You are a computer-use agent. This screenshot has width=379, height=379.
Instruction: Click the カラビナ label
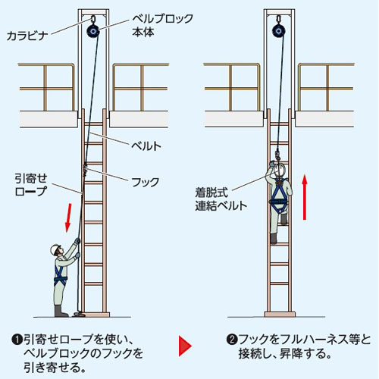click(x=27, y=36)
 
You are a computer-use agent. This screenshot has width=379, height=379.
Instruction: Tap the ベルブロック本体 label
click(x=162, y=25)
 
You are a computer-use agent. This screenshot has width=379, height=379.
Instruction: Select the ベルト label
click(x=146, y=146)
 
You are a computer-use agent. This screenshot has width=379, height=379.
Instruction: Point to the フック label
click(x=146, y=182)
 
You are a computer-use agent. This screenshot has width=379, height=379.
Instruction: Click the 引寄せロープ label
click(x=31, y=185)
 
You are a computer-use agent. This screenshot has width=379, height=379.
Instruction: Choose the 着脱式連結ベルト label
click(x=221, y=199)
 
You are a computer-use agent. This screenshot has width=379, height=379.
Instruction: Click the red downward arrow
click(x=68, y=218)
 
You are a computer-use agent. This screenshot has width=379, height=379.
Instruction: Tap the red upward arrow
click(x=305, y=197)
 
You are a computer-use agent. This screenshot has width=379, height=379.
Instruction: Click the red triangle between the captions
click(x=185, y=346)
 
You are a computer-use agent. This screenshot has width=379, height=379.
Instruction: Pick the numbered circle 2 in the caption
click(x=232, y=340)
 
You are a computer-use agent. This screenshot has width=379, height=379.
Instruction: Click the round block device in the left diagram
click(x=92, y=31)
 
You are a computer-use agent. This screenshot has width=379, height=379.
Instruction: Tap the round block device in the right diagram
click(x=278, y=31)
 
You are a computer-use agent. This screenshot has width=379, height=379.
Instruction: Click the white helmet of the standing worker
click(x=55, y=249)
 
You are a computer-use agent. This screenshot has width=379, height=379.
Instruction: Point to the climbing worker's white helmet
click(x=280, y=169)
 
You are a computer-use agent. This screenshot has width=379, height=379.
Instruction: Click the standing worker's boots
click(x=61, y=312)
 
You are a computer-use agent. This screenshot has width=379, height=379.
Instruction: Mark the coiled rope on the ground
click(x=79, y=314)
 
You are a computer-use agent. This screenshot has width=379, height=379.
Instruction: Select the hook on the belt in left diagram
click(x=85, y=169)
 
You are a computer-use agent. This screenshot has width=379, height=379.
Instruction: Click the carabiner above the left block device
click(x=92, y=20)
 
